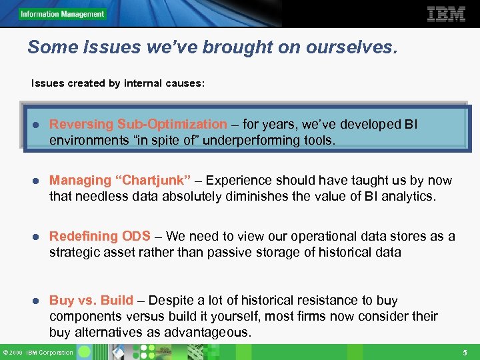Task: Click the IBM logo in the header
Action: point(445,14)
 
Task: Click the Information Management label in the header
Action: point(62,14)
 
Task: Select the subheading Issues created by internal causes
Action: point(118,84)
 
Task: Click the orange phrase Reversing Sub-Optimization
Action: point(138,124)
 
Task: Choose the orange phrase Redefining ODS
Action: point(100,236)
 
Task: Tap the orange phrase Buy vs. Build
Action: point(91,300)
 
